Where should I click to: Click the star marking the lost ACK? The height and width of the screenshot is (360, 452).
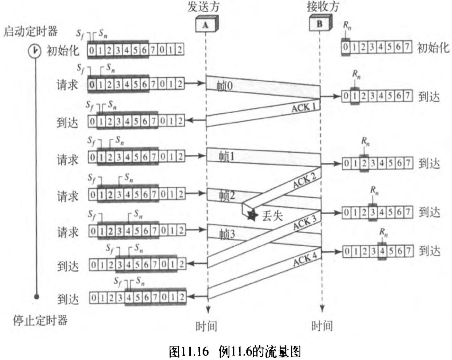click(x=252, y=215)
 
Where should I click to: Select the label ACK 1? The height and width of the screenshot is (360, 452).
click(x=304, y=107)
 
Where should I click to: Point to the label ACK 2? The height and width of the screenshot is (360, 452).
click(x=304, y=181)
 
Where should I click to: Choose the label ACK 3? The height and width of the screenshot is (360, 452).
click(x=305, y=222)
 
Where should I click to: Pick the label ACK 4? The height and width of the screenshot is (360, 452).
click(x=305, y=259)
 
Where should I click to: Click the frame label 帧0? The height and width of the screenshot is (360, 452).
click(x=224, y=86)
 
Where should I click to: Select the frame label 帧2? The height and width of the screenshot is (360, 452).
click(x=227, y=195)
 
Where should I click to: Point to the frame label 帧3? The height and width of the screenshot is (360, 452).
click(x=227, y=234)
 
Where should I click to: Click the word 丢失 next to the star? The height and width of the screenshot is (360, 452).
click(x=272, y=216)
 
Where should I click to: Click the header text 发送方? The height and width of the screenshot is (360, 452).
click(x=203, y=7)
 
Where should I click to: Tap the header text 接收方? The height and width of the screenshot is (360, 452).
click(x=322, y=6)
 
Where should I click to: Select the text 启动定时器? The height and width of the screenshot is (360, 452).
click(x=30, y=31)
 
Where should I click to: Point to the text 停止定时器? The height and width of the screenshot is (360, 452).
click(x=40, y=320)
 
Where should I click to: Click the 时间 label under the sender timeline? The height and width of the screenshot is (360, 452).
click(x=206, y=326)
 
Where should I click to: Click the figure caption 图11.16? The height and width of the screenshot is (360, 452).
click(x=189, y=352)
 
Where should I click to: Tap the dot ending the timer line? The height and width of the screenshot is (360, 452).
click(x=37, y=296)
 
